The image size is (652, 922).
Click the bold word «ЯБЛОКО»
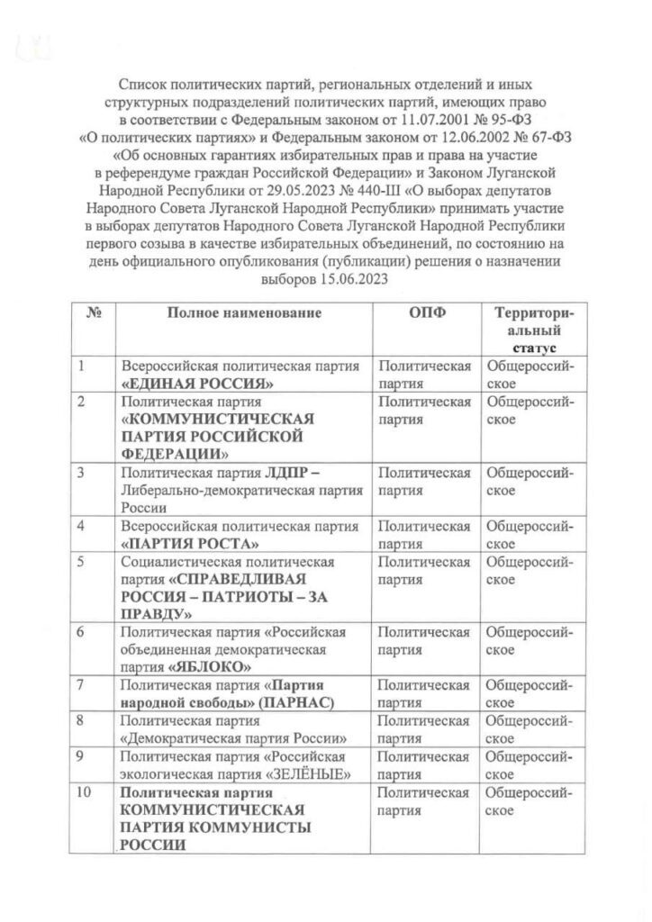tap(210, 667)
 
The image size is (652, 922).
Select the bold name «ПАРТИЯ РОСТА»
tap(191, 544)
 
